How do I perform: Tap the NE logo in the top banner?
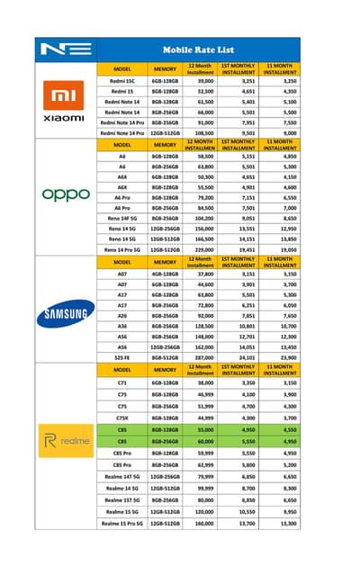point(64,49)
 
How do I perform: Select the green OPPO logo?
point(65,193)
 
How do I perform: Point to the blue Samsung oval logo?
point(65,313)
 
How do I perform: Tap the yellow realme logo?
point(65,440)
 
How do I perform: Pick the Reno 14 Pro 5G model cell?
point(122,249)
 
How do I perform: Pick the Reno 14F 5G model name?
point(122,217)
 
